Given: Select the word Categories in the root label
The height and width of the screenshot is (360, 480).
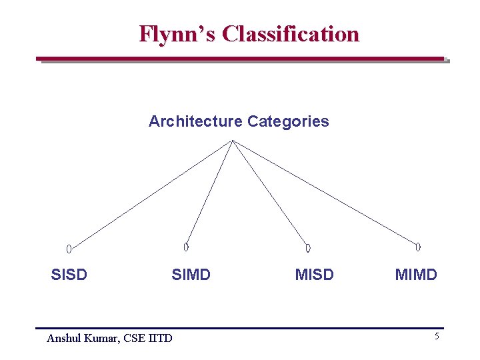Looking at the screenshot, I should point(288,121).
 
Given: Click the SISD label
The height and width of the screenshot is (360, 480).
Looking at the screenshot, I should point(69,275).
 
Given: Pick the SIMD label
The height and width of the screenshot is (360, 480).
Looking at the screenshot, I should point(191,275).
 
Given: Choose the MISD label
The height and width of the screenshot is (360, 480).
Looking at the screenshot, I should point(314,275).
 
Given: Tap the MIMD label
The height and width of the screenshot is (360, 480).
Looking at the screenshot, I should point(416,275).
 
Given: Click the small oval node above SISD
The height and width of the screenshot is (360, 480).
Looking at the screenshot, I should point(69,249).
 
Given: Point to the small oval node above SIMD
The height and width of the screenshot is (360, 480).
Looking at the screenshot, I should point(186,247).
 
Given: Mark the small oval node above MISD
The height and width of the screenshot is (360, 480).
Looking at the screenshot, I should point(308,248).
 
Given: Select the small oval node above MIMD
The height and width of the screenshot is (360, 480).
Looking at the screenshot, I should point(418,247).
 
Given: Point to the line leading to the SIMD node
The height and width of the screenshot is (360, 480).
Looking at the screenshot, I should point(209,192).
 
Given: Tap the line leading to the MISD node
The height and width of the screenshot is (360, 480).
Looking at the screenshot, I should point(269,193).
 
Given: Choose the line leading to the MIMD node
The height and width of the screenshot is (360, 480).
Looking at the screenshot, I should point(325,191).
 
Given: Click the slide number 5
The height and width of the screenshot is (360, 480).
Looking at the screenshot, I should point(437,337).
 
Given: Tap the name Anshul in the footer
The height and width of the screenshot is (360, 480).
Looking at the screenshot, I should point(64,339).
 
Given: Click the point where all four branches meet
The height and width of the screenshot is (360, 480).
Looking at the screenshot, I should point(232,141).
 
